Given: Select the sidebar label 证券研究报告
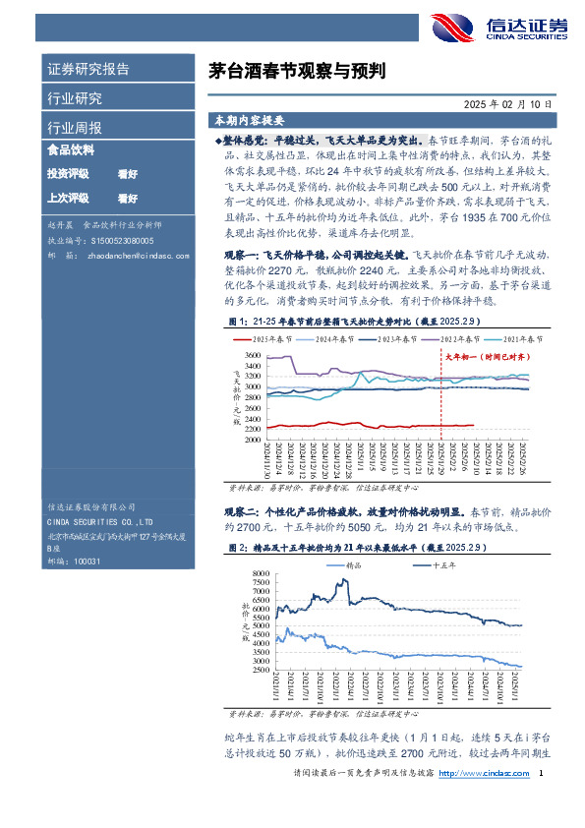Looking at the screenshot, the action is [88, 70].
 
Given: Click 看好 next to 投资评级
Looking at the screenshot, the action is [127, 174].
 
